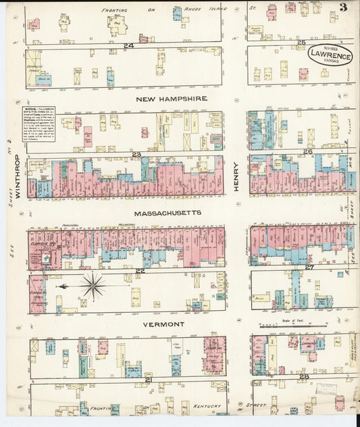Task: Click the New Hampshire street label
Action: coord(171,99)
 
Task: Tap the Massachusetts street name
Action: coord(168,214)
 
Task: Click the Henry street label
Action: coord(237,178)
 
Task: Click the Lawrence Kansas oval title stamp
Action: coord(330,54)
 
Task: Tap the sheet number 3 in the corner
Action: coord(343,8)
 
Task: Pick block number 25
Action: coord(301,43)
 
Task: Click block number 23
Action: coord(136,155)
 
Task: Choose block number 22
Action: coord(140,271)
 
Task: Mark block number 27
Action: coord(309,267)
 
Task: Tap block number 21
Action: coord(147,380)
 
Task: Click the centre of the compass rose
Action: coord(93,286)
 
